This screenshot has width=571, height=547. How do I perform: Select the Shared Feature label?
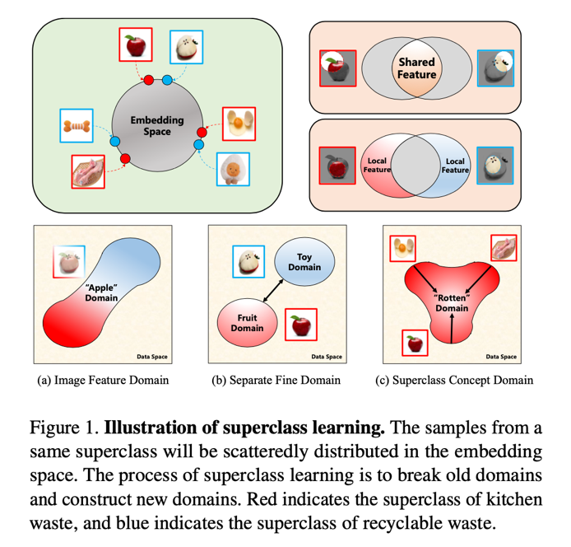point(416,68)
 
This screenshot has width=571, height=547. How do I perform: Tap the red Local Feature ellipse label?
point(376,165)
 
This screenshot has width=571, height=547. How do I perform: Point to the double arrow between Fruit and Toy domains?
point(273,290)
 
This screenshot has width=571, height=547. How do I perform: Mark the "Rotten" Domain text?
point(452,302)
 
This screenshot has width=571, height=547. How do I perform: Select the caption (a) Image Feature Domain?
point(103,380)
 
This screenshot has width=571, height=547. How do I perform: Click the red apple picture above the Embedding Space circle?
point(135,45)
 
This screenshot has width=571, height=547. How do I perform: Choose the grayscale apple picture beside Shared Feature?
point(335,68)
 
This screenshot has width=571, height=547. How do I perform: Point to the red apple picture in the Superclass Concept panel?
point(415,342)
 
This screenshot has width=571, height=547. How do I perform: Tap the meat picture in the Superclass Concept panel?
point(504,248)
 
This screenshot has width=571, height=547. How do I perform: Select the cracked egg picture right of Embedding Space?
point(239,124)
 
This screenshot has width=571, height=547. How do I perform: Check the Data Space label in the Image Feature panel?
point(152,357)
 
